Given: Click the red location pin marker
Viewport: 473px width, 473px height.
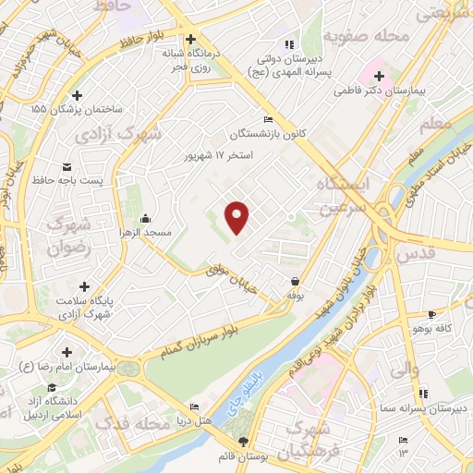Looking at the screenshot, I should (238, 215).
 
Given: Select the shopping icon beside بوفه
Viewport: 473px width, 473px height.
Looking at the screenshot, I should (295, 281).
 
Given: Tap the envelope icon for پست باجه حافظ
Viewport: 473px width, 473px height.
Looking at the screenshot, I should (67, 166).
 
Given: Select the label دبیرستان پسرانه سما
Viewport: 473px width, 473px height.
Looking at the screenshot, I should (426, 407).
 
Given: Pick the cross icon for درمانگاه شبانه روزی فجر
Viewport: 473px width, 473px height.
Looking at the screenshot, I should (190, 40).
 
